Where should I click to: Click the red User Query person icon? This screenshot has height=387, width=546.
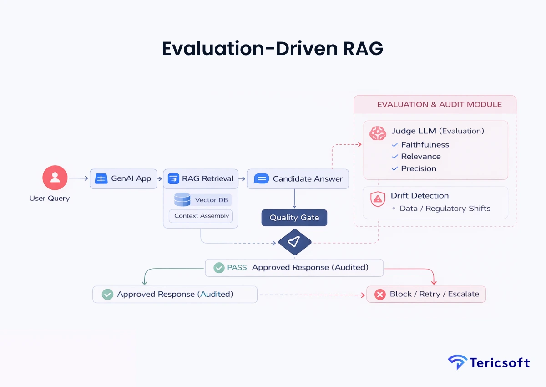tap(55, 178)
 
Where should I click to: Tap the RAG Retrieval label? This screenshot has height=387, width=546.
tap(207, 178)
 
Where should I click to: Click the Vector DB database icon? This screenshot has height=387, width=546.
tap(182, 200)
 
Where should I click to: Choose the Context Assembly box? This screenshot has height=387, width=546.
tap(201, 216)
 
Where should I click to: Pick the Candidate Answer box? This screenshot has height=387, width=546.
tap(298, 179)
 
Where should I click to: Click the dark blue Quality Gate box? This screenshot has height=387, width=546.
tap(294, 218)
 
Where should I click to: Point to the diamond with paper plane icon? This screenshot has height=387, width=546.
tap(294, 242)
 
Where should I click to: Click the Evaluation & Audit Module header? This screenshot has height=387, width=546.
tap(439, 105)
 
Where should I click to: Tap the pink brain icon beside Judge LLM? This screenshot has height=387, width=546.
tap(378, 132)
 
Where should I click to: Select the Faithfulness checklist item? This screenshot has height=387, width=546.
tap(425, 145)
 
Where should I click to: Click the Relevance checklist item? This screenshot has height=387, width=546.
tap(420, 157)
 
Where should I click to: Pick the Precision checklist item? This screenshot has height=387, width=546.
tap(418, 168)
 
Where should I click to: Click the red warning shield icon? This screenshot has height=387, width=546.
tap(378, 199)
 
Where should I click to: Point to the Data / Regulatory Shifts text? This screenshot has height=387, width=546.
tap(445, 209)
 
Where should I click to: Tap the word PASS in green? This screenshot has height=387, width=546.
tap(237, 267)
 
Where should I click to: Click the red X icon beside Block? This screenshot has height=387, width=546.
tap(379, 295)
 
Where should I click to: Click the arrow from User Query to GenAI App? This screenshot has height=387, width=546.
tap(79, 178)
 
